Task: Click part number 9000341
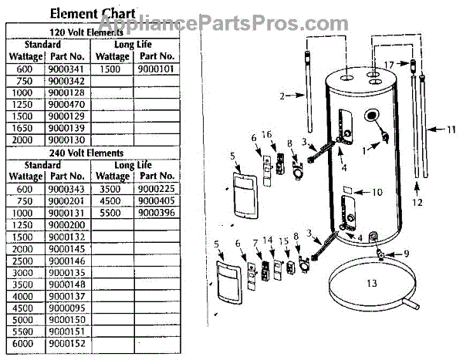(x=65, y=69)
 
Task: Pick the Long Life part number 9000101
(x=157, y=69)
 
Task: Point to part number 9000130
(x=65, y=140)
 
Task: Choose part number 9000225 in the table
(x=157, y=188)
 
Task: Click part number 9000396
(x=157, y=213)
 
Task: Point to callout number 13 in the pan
(x=372, y=284)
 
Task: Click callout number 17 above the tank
(x=389, y=63)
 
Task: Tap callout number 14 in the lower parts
(x=269, y=241)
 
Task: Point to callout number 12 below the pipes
(x=417, y=204)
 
